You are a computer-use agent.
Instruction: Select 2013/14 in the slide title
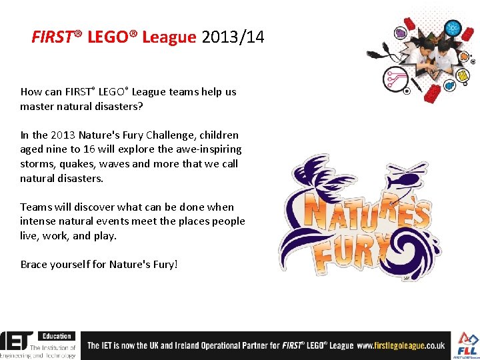(233, 37)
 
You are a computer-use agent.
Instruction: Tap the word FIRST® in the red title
(56, 37)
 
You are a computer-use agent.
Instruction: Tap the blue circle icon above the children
(453, 29)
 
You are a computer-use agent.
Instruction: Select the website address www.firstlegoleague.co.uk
(401, 345)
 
